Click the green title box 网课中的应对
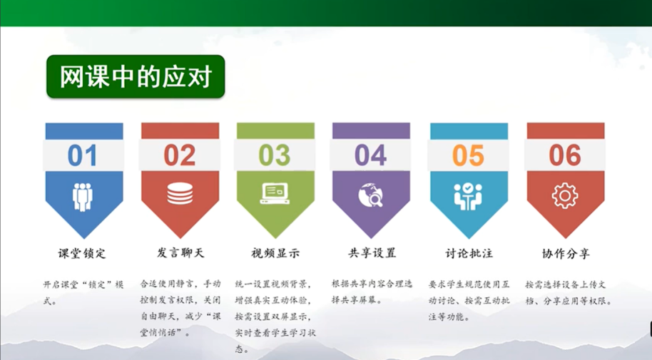pos(136,76)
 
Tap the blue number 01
pos(82,155)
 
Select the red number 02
pos(179,155)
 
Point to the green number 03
pos(275,155)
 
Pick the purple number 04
pos(370,155)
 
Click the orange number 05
pos(468,155)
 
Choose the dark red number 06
pos(565,155)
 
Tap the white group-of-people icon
pos(82,197)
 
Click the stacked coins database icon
pos(180,194)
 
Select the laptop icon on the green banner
pos(275,194)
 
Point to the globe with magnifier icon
pos(370,195)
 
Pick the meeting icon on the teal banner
pos(468,196)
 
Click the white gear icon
pos(565,195)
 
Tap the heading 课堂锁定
pos(82,253)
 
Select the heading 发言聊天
pos(180,253)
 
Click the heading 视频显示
pos(275,253)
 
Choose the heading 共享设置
pos(372,253)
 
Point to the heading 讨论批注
pos(469,253)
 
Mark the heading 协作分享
pos(566,253)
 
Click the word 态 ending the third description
pos(240,349)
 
